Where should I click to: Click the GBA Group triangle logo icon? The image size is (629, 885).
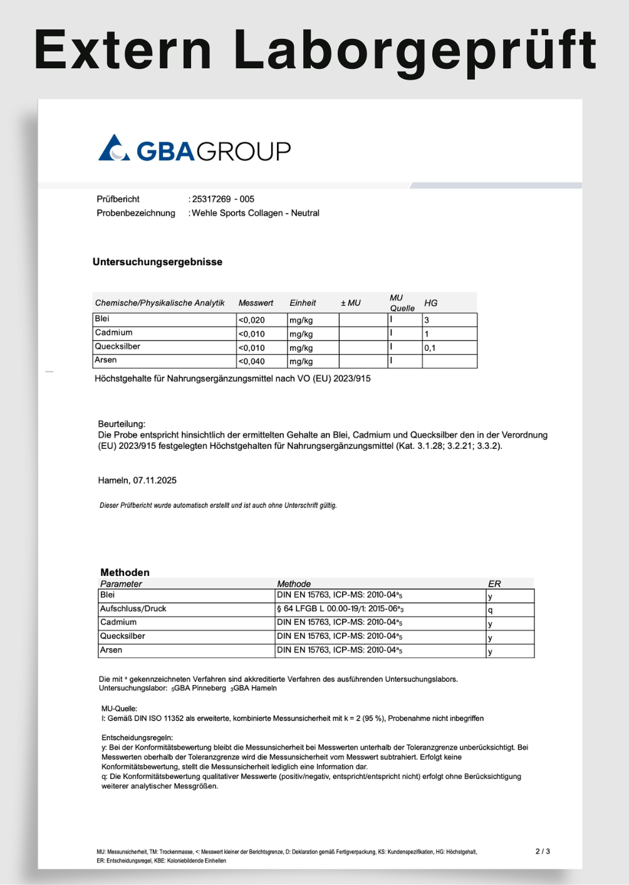click(x=113, y=149)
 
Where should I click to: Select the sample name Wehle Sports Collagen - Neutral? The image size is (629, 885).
click(x=256, y=213)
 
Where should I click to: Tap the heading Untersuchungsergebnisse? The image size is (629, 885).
click(x=157, y=262)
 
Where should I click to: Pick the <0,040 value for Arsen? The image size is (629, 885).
click(x=252, y=362)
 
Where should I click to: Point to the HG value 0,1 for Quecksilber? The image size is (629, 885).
click(x=430, y=348)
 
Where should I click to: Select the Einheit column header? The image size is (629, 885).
click(x=303, y=303)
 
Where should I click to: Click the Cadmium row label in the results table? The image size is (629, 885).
click(x=113, y=333)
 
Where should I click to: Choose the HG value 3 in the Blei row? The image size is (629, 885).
click(x=427, y=320)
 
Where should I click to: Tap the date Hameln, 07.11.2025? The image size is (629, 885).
click(x=137, y=481)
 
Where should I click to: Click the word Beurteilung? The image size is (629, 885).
click(x=122, y=424)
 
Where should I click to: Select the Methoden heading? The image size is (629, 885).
click(x=125, y=572)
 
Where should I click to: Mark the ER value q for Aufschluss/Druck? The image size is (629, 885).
click(x=490, y=610)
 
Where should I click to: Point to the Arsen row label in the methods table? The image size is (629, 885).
click(x=111, y=651)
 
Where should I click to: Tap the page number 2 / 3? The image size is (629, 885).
click(x=543, y=852)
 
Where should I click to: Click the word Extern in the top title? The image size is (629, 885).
click(x=123, y=50)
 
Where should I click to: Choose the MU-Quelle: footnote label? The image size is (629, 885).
click(x=119, y=709)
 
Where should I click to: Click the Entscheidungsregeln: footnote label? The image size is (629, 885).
click(x=137, y=738)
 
